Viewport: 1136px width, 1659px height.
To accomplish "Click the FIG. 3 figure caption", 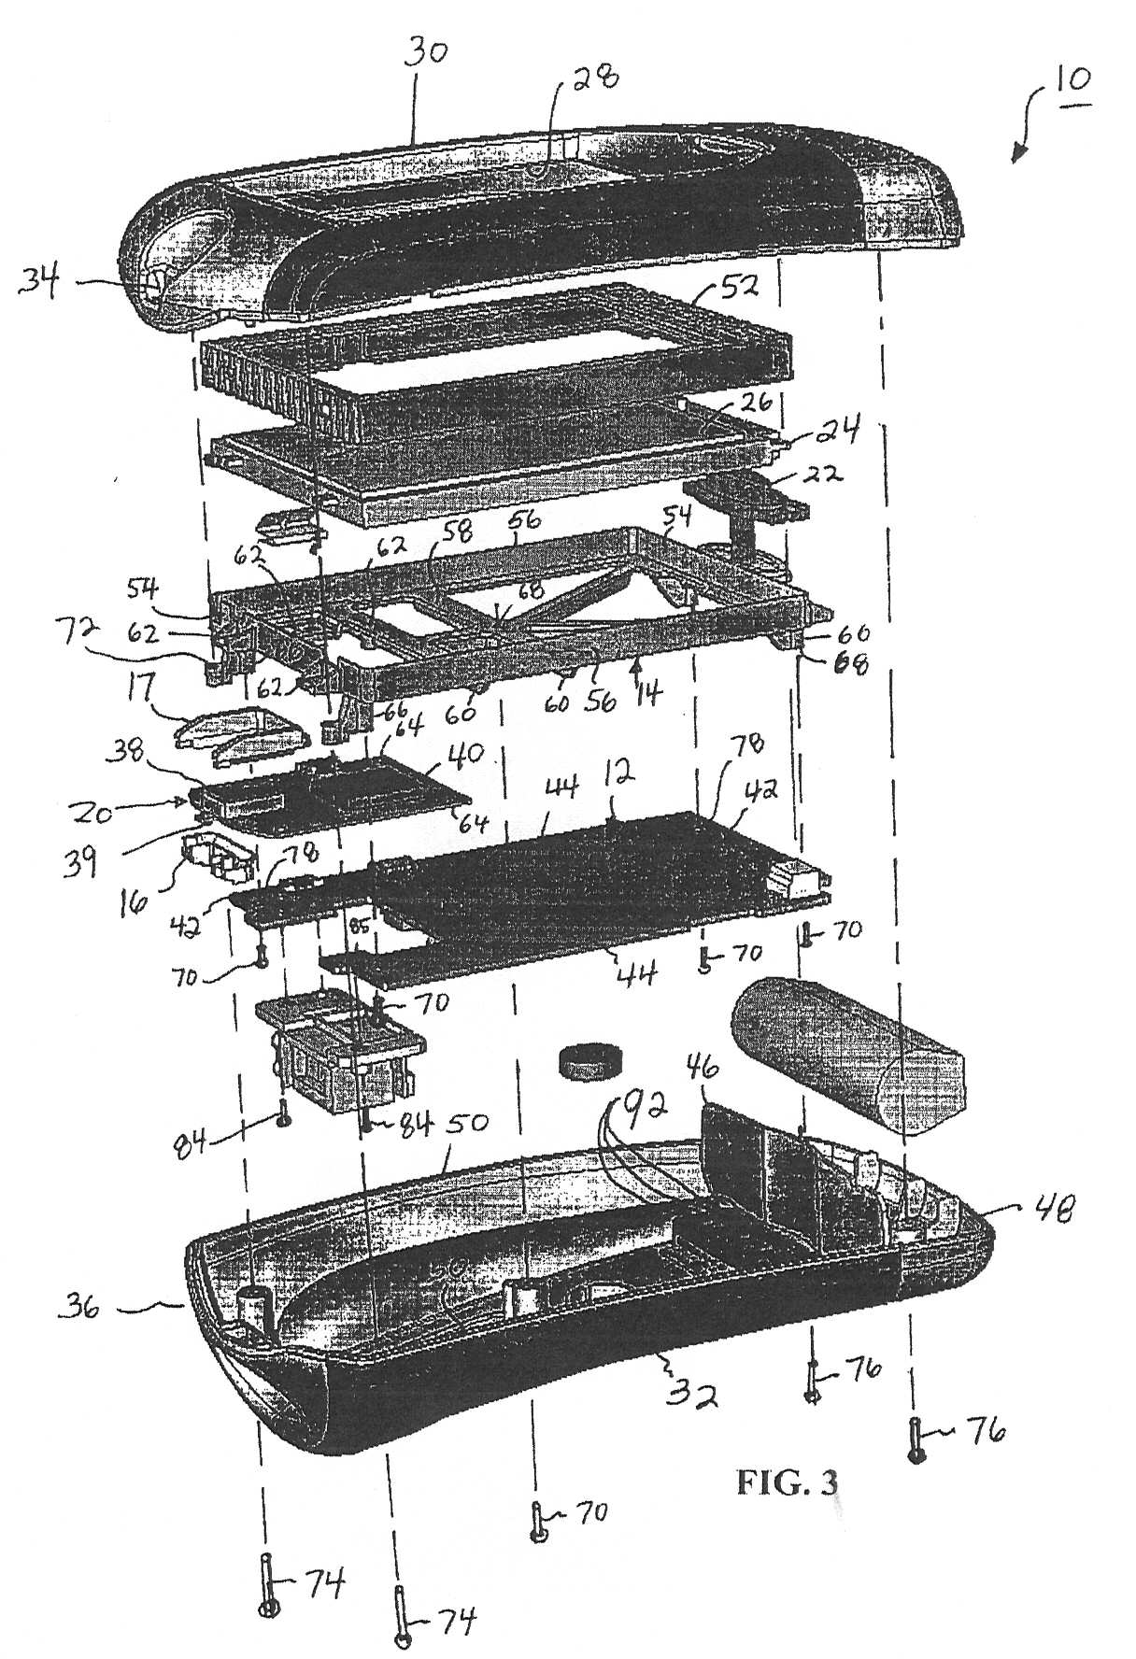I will (x=787, y=1482).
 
